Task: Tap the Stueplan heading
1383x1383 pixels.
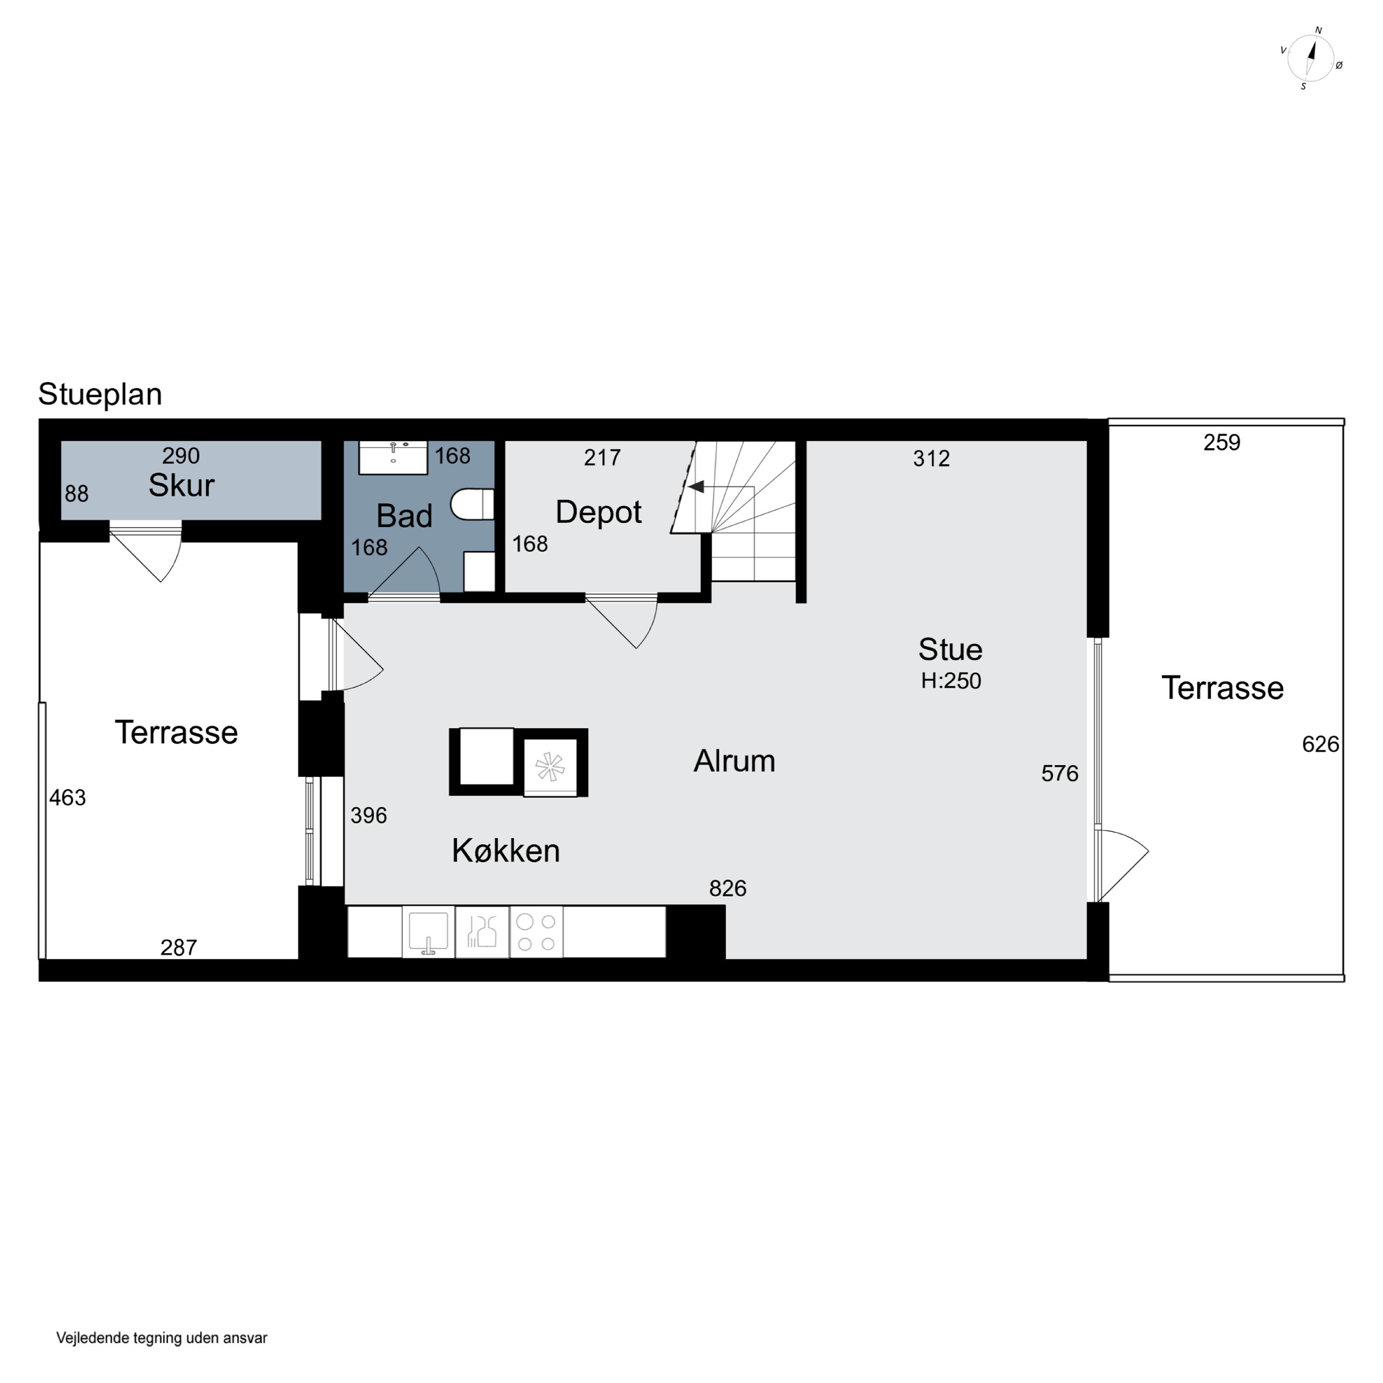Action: click(100, 395)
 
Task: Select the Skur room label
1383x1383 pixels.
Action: click(181, 485)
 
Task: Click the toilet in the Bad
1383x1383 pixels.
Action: click(473, 504)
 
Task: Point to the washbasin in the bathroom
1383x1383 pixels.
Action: click(393, 457)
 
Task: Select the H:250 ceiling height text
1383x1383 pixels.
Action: click(951, 681)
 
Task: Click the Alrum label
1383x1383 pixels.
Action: click(734, 761)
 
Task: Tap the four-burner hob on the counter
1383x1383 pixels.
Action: click(536, 932)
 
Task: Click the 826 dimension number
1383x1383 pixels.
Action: click(728, 888)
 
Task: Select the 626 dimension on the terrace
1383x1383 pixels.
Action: click(1320, 745)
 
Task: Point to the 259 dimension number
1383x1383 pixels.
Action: click(1221, 443)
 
